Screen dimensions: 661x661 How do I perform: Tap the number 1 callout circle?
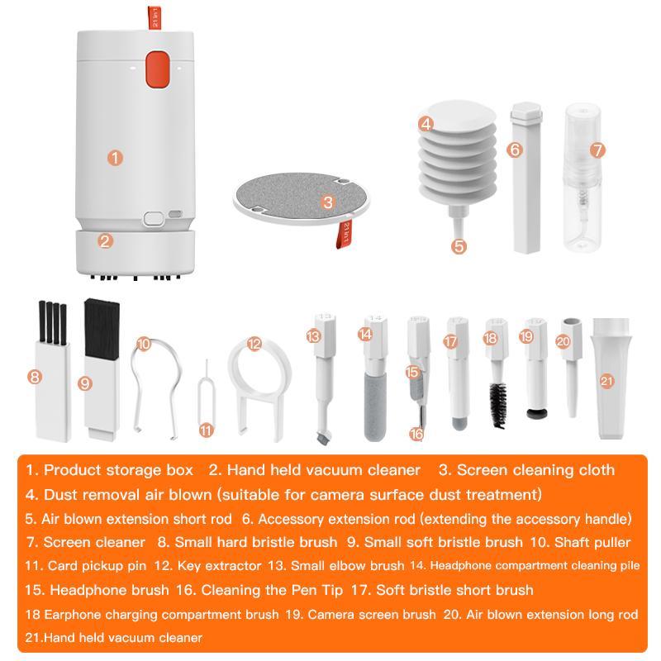click(x=116, y=156)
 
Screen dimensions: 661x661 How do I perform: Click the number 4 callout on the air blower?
click(x=426, y=125)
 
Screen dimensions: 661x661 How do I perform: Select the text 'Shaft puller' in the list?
click(x=592, y=542)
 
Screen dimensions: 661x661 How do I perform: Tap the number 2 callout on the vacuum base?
click(x=105, y=241)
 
